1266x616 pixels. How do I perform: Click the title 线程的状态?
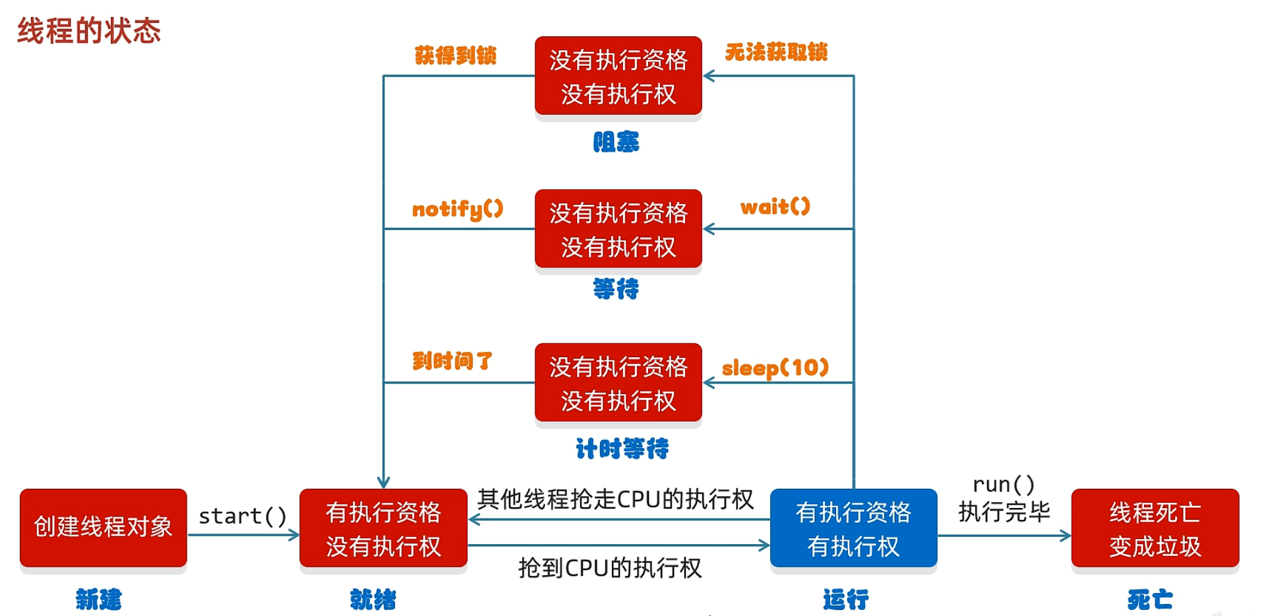pyautogui.click(x=89, y=31)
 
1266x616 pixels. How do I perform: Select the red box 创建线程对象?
pyautogui.click(x=104, y=527)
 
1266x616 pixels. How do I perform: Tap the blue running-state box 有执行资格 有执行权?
pyautogui.click(x=853, y=528)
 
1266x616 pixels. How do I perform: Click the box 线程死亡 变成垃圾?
pyautogui.click(x=1155, y=528)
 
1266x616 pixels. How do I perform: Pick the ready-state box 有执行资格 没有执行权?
pyautogui.click(x=383, y=528)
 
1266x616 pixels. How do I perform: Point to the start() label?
pyautogui.click(x=243, y=516)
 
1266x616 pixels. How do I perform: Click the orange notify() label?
pyautogui.click(x=457, y=209)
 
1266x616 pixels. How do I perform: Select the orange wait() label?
pyautogui.click(x=775, y=207)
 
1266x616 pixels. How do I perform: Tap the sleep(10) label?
pyautogui.click(x=775, y=368)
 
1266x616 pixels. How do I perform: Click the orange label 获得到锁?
pyautogui.click(x=455, y=55)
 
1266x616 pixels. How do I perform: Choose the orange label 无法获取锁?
pyautogui.click(x=776, y=52)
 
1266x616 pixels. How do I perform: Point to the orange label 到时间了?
pyautogui.click(x=452, y=361)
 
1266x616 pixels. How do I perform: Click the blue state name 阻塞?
pyautogui.click(x=616, y=142)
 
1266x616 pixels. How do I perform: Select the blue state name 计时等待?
pyautogui.click(x=622, y=449)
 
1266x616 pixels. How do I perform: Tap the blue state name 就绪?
pyautogui.click(x=373, y=600)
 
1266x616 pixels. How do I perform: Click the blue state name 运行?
pyautogui.click(x=845, y=600)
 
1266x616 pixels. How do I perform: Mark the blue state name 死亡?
pyautogui.click(x=1150, y=600)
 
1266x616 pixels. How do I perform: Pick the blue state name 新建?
pyautogui.click(x=99, y=600)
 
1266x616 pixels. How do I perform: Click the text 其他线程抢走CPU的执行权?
pyautogui.click(x=615, y=499)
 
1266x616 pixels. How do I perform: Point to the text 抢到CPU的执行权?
pyautogui.click(x=610, y=568)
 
